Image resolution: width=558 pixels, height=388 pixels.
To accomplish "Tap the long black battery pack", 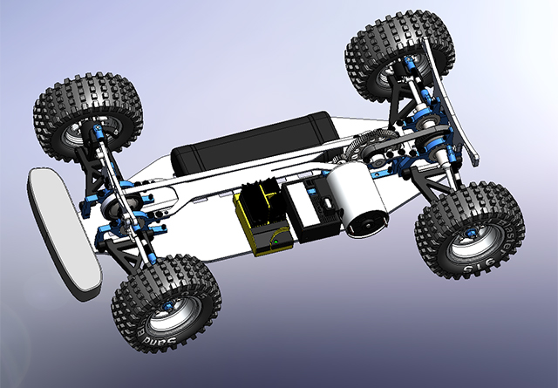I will pyautogui.click(x=253, y=145).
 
